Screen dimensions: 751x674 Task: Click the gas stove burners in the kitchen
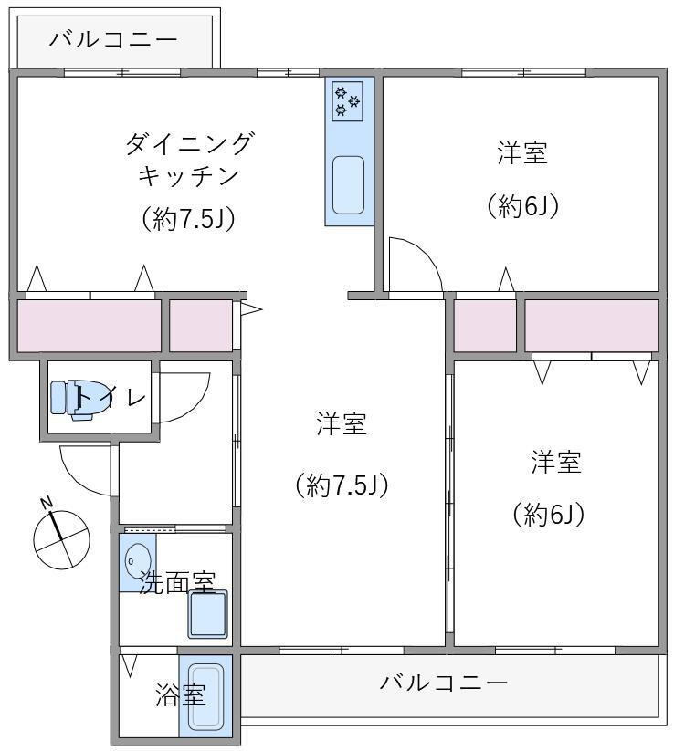coord(348,100)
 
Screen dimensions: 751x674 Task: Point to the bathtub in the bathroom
coord(205,697)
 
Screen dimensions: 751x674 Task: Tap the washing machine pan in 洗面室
coord(207,614)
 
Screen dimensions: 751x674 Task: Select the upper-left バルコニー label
coord(113,39)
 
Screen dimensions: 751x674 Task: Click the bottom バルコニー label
coord(444,682)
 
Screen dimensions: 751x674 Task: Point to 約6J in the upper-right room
coord(522,205)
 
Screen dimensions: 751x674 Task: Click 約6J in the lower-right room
coord(549,514)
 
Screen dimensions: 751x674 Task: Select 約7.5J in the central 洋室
coord(342,485)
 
